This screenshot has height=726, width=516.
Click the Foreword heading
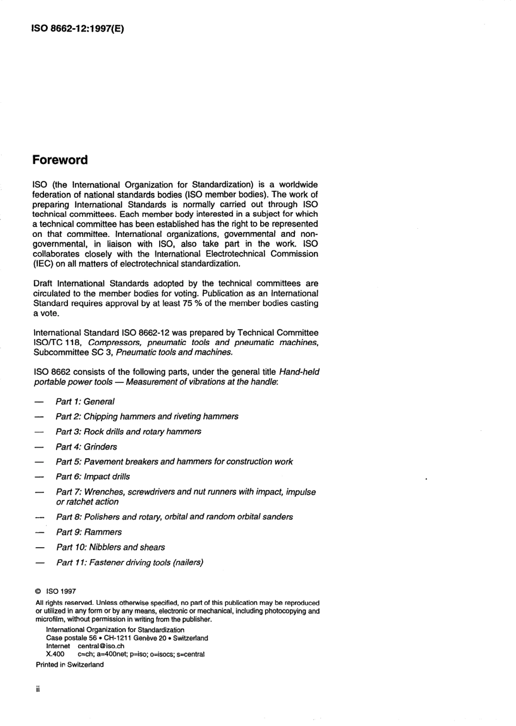click(60, 160)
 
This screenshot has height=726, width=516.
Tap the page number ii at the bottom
click(38, 689)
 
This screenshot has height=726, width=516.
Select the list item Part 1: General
click(85, 402)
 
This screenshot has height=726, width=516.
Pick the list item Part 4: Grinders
click(86, 447)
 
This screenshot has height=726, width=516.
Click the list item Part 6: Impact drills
click(92, 477)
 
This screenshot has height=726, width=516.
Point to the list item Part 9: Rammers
click(89, 532)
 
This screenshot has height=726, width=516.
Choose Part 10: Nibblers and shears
click(110, 547)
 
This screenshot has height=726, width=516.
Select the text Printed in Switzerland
click(70, 665)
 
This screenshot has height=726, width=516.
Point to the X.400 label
click(55, 654)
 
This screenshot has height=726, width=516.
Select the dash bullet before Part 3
click(39, 431)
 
